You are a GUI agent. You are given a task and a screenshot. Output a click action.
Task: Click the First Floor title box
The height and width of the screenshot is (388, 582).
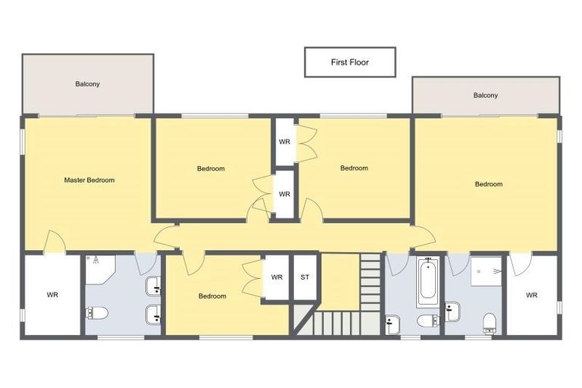point(349,62)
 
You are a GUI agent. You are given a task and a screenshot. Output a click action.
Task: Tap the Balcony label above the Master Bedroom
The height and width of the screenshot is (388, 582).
point(87,84)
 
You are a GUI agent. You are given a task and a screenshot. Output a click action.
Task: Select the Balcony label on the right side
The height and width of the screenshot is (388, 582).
point(486,95)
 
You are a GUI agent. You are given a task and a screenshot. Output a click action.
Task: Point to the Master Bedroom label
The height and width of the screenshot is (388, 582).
point(89,180)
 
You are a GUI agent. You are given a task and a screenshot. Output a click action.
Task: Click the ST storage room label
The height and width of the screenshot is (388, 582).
point(305,277)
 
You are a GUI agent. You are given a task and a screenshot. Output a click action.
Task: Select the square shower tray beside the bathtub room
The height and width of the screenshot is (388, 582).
point(486,271)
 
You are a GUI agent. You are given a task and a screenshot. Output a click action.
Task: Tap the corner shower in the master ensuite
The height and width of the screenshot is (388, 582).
point(99,266)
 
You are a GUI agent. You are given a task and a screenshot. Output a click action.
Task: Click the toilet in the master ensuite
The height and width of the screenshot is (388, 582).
point(97,313)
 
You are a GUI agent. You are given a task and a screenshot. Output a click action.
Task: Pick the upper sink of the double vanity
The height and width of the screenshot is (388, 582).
point(153,286)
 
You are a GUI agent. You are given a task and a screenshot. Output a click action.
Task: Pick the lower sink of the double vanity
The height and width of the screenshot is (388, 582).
point(153,311)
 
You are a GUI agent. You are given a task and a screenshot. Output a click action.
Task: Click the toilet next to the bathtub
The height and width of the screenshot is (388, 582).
point(427,321)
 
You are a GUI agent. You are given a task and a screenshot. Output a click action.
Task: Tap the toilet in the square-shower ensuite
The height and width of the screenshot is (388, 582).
point(490,321)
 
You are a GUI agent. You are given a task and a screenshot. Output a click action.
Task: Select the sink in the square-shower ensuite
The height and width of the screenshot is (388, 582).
point(453,309)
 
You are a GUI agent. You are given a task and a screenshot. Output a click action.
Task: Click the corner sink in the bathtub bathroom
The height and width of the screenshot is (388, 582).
point(392,324)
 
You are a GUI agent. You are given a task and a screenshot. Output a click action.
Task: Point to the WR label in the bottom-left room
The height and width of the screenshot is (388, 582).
point(52,295)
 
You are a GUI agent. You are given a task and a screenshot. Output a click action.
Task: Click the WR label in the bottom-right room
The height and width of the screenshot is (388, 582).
point(531,295)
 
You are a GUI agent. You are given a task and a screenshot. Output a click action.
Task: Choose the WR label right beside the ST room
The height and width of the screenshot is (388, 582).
point(277,277)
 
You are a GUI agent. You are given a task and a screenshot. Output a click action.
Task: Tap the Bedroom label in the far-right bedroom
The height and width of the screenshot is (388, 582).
point(489,184)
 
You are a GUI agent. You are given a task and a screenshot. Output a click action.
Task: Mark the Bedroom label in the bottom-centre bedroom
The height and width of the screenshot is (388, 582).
point(212,296)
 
